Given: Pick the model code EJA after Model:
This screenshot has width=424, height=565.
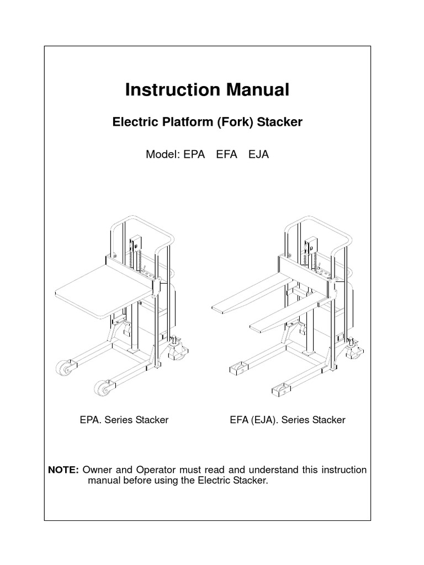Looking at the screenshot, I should coord(258,154).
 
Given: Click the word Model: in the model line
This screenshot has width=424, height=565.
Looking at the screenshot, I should coord(162,154).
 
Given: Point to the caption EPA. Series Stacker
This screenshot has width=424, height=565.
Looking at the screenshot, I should coord(124,420).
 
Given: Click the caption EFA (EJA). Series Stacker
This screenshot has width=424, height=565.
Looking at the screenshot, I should coord(287,420).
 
